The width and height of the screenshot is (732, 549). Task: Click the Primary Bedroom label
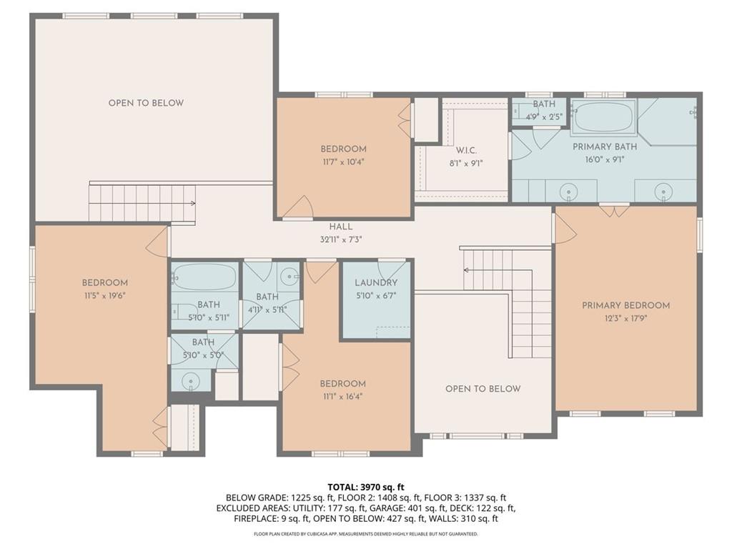point(625,305)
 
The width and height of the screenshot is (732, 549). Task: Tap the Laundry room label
point(376,282)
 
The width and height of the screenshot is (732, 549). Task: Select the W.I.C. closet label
point(466,150)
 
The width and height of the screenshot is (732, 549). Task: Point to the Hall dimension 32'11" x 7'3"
point(341,239)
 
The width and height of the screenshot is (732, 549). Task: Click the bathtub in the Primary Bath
point(603,117)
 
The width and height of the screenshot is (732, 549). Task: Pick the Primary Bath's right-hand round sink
point(663,192)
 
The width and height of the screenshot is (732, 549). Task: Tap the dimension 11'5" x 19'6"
point(104,295)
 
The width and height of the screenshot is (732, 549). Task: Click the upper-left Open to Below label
point(146,103)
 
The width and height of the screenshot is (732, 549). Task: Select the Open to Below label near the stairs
point(483,389)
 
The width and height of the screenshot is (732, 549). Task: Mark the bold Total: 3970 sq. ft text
point(365,488)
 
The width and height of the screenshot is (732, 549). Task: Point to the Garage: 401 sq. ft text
point(405,508)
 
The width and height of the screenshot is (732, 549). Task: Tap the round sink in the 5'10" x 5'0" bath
point(190,380)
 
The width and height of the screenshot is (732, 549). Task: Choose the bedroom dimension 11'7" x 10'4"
point(343,162)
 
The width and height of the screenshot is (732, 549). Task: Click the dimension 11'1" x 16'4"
point(342,397)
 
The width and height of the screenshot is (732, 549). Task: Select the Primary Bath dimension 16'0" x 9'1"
point(605,159)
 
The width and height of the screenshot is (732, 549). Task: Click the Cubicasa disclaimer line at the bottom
point(365,533)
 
